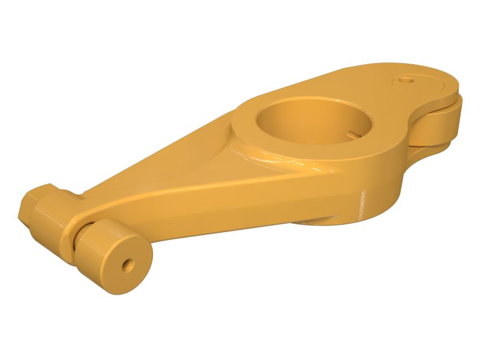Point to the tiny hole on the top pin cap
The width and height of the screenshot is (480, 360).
(409, 79)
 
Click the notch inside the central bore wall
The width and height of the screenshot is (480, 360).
(355, 130)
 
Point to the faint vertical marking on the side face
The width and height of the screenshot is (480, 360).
(362, 204)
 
